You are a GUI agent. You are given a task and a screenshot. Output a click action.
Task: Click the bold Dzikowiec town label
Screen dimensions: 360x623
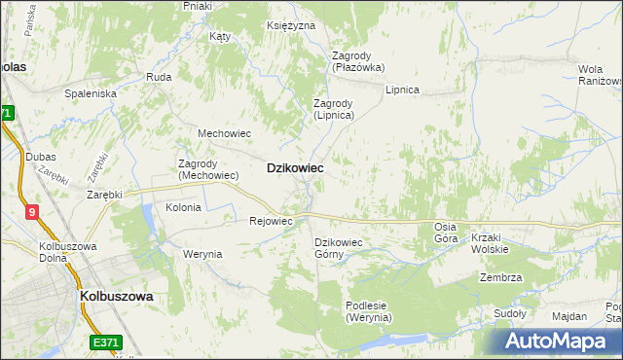295,167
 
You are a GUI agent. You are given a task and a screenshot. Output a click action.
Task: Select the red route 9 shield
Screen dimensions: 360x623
32,211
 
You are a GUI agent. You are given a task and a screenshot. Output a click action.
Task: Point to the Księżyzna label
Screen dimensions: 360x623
291,25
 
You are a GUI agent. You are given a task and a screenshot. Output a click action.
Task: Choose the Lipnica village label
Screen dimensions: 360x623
402,90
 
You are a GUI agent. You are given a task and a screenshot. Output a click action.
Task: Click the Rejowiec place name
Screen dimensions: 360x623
272,221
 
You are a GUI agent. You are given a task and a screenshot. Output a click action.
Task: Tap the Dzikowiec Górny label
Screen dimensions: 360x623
338,248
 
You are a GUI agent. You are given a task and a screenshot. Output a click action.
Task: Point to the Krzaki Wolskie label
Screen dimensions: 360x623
490,243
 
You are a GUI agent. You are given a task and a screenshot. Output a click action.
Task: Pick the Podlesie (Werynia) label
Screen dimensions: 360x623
368,310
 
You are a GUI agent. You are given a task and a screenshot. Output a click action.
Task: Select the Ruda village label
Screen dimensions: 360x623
158,76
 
